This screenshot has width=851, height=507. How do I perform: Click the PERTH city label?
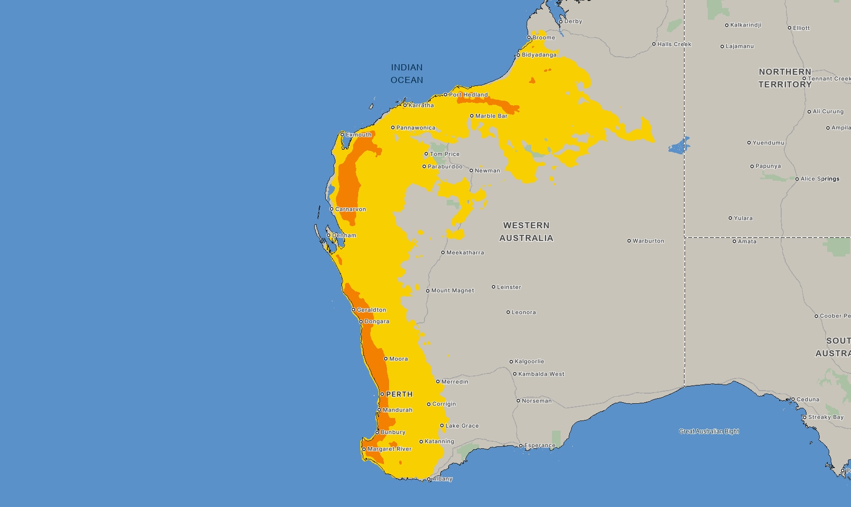pyautogui.click(x=399, y=394)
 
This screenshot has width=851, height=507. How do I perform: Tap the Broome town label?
pyautogui.click(x=543, y=37)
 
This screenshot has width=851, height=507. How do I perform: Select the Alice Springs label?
pyautogui.click(x=820, y=179)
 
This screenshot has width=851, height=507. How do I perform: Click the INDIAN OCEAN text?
pyautogui.click(x=407, y=74)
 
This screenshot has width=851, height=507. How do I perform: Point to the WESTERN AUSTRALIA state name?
pyautogui.click(x=526, y=232)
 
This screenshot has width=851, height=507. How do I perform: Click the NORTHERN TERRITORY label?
pyautogui.click(x=785, y=78)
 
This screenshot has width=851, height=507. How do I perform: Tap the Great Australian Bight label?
pyautogui.click(x=709, y=432)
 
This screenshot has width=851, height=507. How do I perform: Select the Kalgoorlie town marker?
pyautogui.click(x=511, y=362)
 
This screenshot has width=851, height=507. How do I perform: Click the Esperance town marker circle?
pyautogui.click(x=521, y=446)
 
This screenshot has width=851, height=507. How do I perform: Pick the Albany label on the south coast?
pyautogui.click(x=442, y=479)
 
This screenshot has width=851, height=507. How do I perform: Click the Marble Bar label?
pyautogui.click(x=491, y=116)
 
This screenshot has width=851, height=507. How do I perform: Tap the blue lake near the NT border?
pyautogui.click(x=679, y=146)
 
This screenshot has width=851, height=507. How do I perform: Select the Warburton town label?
pyautogui.click(x=648, y=241)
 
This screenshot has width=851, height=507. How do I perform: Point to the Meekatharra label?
pyautogui.click(x=465, y=252)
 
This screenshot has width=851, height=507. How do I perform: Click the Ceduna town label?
pyautogui.click(x=807, y=399)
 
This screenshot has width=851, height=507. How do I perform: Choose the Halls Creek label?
pyautogui.click(x=674, y=44)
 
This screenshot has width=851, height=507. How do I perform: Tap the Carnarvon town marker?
pyautogui.click(x=331, y=209)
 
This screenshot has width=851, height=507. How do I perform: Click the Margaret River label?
pyautogui.click(x=389, y=449)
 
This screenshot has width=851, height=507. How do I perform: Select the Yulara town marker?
pyautogui.click(x=730, y=218)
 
